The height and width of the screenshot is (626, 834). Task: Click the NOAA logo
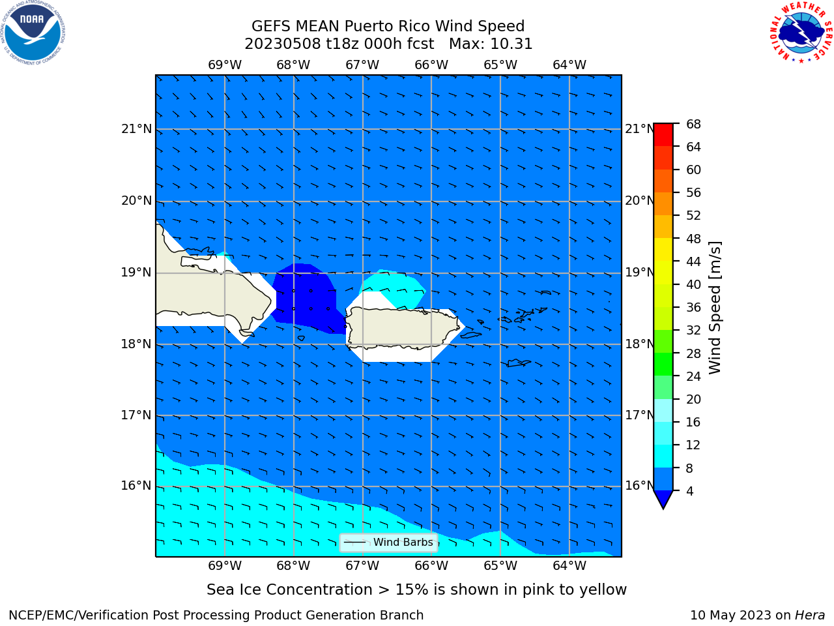point(33,33)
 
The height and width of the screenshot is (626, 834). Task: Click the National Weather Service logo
point(801,33)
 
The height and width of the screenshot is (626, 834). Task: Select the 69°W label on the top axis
point(225,65)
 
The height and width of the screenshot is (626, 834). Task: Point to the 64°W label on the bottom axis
point(569,565)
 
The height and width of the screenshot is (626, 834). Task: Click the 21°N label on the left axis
point(136,129)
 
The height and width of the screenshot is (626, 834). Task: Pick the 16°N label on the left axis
point(136,485)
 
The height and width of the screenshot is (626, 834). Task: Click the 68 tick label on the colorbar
point(693,125)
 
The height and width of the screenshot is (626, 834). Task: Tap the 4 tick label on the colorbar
point(690,491)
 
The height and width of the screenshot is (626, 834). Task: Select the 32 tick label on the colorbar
point(693,331)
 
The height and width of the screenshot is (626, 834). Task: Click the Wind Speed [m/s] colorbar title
point(715,308)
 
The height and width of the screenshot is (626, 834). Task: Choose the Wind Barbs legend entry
point(388,543)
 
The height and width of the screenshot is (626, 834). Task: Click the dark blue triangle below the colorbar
point(663,498)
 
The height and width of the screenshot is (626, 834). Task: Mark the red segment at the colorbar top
point(663,135)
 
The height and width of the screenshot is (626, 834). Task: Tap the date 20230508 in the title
point(283,44)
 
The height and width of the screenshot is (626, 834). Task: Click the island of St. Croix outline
point(519,363)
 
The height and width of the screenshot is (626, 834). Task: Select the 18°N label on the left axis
point(136,344)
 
